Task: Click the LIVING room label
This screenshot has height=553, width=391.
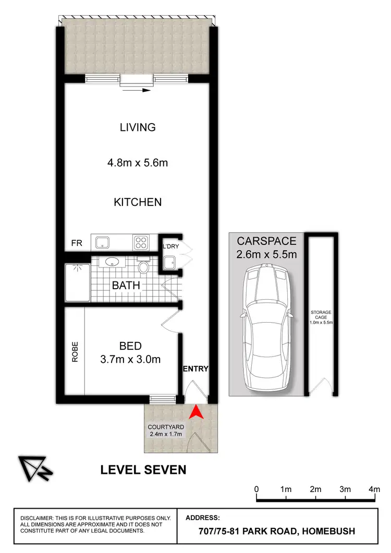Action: coord(138,127)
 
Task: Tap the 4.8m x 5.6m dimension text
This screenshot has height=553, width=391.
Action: coord(138,163)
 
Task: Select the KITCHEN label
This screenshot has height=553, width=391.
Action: coord(138,202)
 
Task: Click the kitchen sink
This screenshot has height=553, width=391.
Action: coord(103,242)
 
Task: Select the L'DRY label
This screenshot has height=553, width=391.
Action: coord(171,245)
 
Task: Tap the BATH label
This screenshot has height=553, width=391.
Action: coord(126,285)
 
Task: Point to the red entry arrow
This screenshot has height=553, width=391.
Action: coord(195,412)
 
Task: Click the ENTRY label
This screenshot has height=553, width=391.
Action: coord(195,368)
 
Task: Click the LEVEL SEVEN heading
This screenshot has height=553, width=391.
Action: coord(143,470)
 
